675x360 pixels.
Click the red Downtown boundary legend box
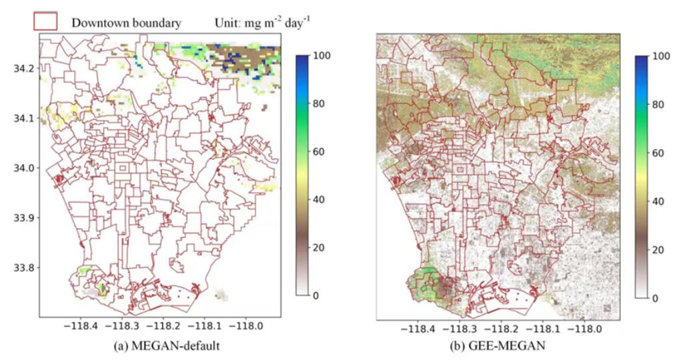[45, 21]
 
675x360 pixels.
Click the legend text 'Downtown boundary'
[126, 23]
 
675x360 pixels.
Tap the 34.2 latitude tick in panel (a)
[24, 68]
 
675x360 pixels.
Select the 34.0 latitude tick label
[24, 168]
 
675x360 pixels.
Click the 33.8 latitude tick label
[24, 267]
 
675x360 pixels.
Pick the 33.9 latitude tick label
[24, 217]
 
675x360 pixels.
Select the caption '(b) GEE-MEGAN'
[498, 346]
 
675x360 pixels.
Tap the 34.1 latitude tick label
[24, 118]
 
